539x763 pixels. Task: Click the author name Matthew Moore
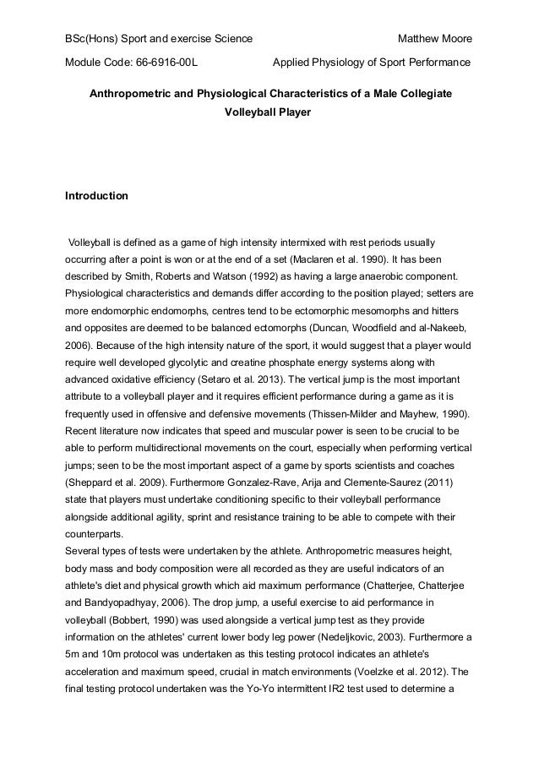pyautogui.click(x=434, y=40)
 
